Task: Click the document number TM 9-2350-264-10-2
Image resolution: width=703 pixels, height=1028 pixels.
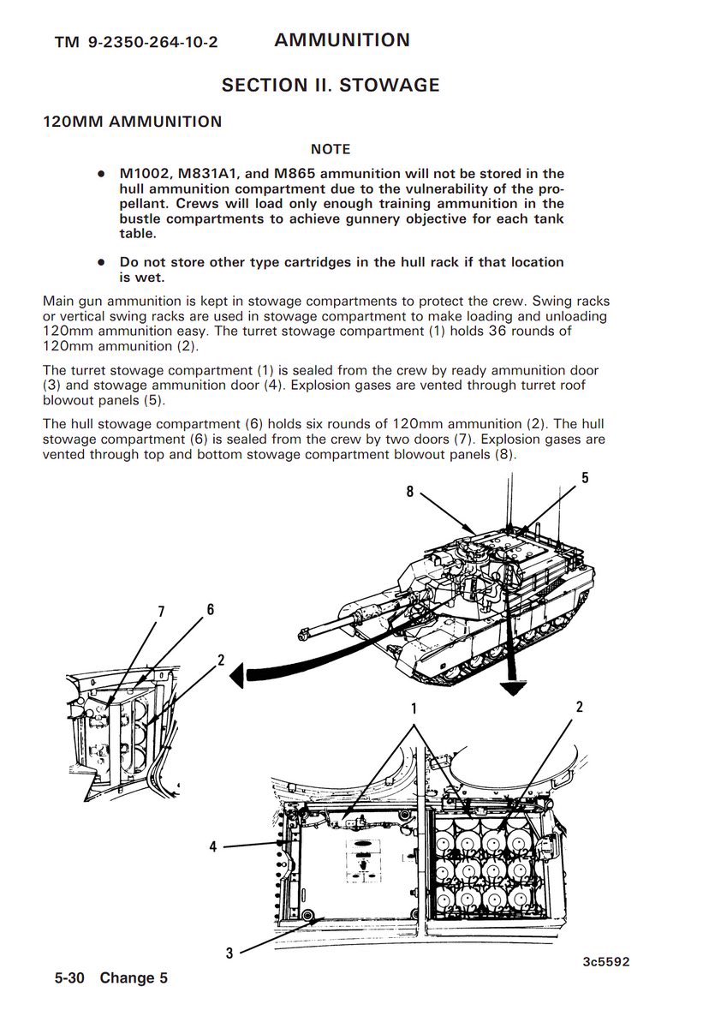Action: (x=135, y=43)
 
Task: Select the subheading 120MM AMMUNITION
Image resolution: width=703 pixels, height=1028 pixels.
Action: (x=133, y=122)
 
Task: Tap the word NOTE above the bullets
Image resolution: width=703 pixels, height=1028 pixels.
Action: (x=331, y=150)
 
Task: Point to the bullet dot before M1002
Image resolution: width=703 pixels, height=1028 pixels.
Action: (x=101, y=174)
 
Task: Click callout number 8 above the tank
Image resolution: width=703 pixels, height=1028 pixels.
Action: (x=410, y=492)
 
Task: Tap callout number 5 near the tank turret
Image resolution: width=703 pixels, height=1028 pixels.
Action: (x=585, y=478)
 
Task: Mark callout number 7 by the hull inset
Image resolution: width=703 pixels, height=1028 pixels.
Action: (x=160, y=611)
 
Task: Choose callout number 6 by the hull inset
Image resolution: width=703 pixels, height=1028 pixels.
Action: (x=210, y=610)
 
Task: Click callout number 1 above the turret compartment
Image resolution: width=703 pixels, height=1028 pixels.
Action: (x=413, y=709)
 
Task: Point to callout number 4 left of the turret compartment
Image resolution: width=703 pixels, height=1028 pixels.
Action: (x=213, y=846)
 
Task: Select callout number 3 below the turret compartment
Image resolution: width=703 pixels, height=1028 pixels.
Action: (x=229, y=953)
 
